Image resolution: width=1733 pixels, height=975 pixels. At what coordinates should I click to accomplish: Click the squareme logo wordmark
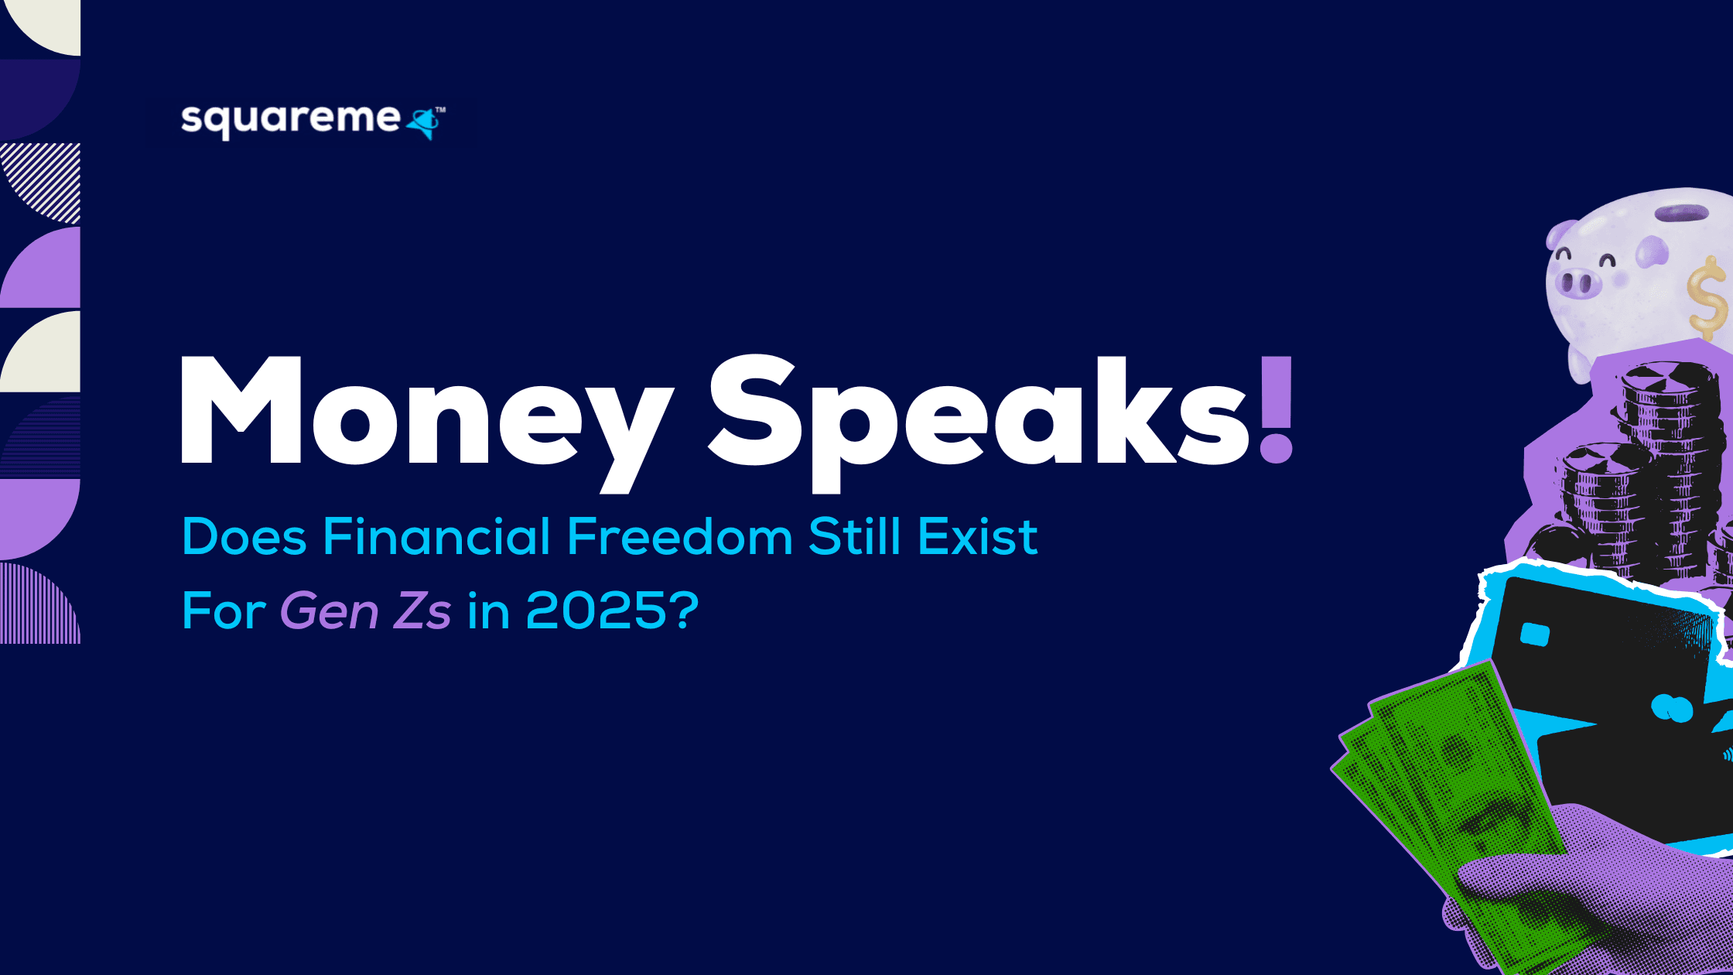(x=290, y=121)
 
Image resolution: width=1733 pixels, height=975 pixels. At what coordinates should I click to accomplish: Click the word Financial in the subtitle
(x=436, y=536)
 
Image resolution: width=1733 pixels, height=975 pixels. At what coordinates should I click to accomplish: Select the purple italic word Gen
(x=329, y=611)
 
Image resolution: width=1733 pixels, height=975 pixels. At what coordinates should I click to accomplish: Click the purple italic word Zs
(x=422, y=611)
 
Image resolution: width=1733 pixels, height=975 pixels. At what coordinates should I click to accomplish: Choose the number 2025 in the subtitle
(x=596, y=611)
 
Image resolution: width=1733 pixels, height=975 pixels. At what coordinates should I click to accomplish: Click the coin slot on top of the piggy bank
(x=1681, y=213)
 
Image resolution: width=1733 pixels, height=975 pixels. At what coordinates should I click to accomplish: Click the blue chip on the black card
(x=1535, y=635)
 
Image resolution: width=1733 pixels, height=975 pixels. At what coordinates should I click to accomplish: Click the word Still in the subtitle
(x=854, y=536)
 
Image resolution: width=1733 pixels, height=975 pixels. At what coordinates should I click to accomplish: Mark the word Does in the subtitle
(x=244, y=536)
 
